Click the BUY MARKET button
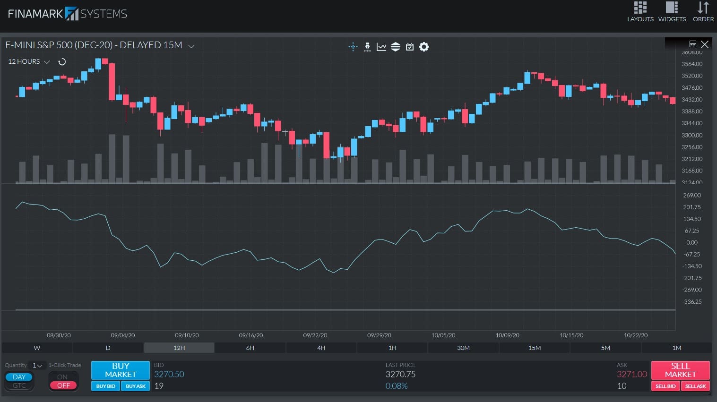[120, 370]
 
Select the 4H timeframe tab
[321, 348]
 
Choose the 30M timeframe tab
[463, 348]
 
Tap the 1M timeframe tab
[676, 348]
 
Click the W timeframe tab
[37, 348]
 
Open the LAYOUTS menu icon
[640, 11]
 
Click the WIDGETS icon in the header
[672, 11]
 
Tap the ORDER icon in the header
[703, 11]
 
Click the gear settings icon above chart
[424, 47]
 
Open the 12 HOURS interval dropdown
[29, 62]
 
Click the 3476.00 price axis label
[691, 88]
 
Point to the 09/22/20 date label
[315, 335]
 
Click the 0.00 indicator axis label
[691, 243]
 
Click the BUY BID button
[105, 386]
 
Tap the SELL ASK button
[695, 386]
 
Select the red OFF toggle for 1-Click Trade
[63, 385]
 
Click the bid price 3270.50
[169, 374]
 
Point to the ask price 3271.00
[631, 374]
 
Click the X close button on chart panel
[705, 44]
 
